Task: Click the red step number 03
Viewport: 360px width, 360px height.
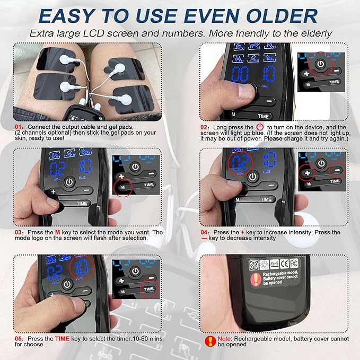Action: pyautogui.click(x=19, y=233)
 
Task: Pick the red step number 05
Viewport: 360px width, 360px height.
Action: pyautogui.click(x=19, y=338)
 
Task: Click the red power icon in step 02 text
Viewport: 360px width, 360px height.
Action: pyautogui.click(x=260, y=128)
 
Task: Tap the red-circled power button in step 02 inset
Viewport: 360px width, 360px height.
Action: pyautogui.click(x=321, y=63)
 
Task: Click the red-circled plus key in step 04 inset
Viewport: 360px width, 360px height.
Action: pyautogui.click(x=306, y=171)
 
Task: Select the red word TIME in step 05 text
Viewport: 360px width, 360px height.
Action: pyautogui.click(x=64, y=338)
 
